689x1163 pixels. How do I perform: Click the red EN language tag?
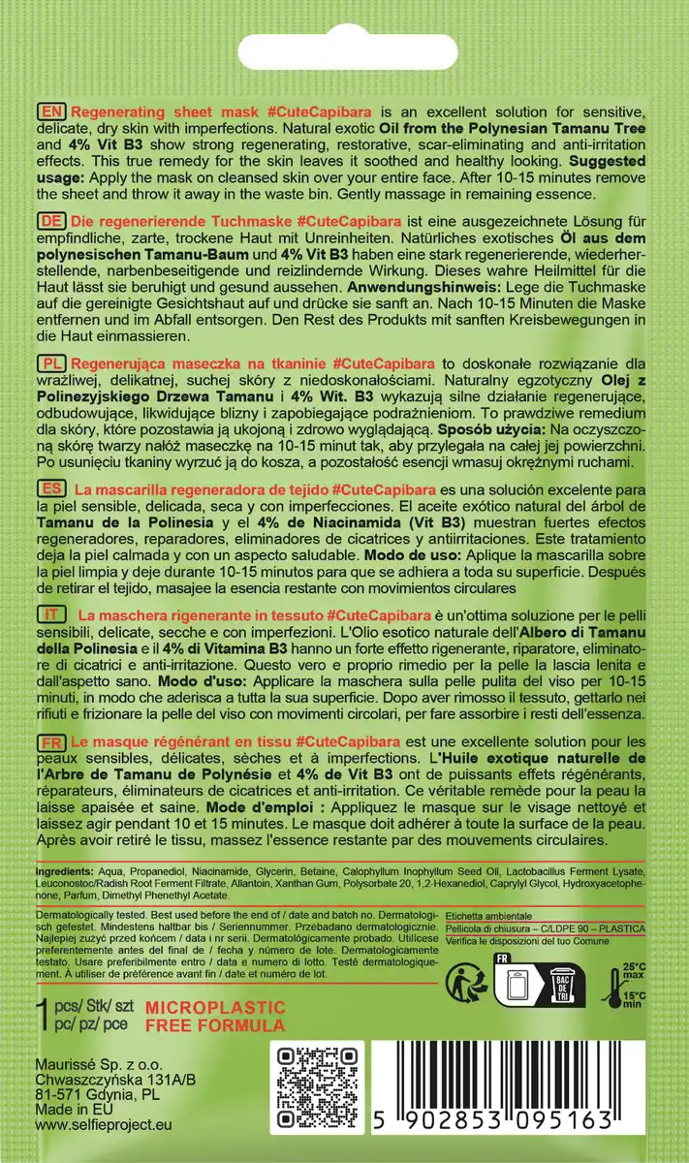click(x=50, y=111)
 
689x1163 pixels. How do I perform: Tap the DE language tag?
click(x=50, y=221)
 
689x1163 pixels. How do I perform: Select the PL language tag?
click(x=50, y=361)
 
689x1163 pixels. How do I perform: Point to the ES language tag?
click(x=50, y=488)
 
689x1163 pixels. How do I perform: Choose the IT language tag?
click(x=50, y=615)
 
